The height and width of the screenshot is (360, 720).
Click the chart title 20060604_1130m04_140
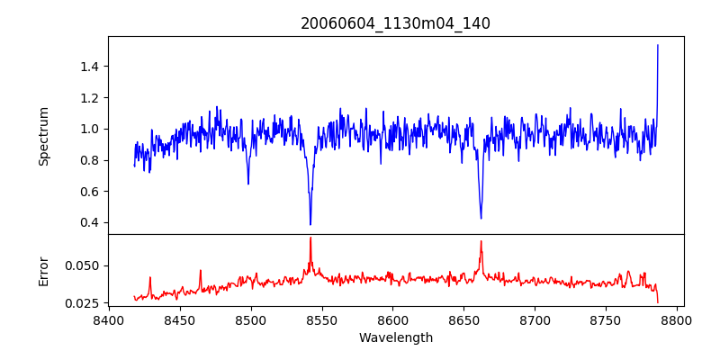pyautogui.click(x=395, y=23)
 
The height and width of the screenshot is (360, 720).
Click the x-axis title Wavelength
pyautogui.click(x=395, y=337)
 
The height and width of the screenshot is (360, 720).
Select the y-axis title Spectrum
pyautogui.click(x=44, y=136)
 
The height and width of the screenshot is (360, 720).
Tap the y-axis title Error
pyautogui.click(x=44, y=270)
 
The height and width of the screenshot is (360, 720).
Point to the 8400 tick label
pyautogui.click(x=109, y=319)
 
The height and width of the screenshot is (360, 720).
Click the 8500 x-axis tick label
pyautogui.click(x=251, y=319)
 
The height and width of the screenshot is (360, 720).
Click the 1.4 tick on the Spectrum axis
pyautogui.click(x=89, y=67)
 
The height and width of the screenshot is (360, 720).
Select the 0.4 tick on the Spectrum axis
pyautogui.click(x=89, y=223)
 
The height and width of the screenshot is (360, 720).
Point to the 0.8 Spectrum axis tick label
pyautogui.click(x=89, y=160)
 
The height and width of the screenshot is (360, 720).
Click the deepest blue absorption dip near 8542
pyautogui.click(x=310, y=224)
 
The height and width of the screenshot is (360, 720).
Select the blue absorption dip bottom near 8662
pyautogui.click(x=481, y=218)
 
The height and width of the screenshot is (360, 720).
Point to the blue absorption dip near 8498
pyautogui.click(x=248, y=184)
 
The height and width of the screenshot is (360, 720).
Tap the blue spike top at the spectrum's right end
pyautogui.click(x=658, y=45)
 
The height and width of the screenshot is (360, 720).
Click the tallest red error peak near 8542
pyautogui.click(x=310, y=238)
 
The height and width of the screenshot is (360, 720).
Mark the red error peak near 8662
pyautogui.click(x=481, y=241)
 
